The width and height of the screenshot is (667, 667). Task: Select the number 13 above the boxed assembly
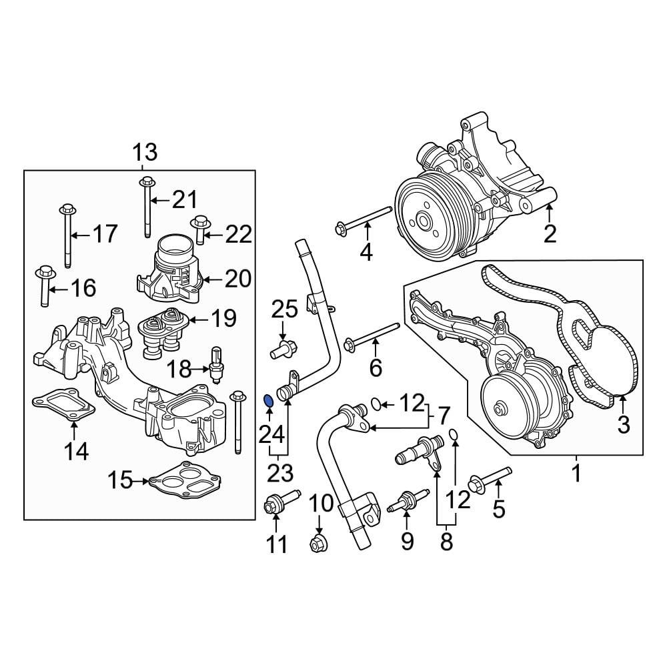(144, 153)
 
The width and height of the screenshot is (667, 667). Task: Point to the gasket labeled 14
(63, 406)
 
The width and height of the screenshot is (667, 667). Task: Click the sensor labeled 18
(215, 364)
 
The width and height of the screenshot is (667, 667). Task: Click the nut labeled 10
(317, 544)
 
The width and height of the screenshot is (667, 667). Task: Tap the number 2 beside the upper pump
(550, 233)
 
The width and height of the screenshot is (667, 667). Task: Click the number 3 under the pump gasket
(623, 424)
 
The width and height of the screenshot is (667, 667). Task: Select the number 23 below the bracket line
(279, 473)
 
